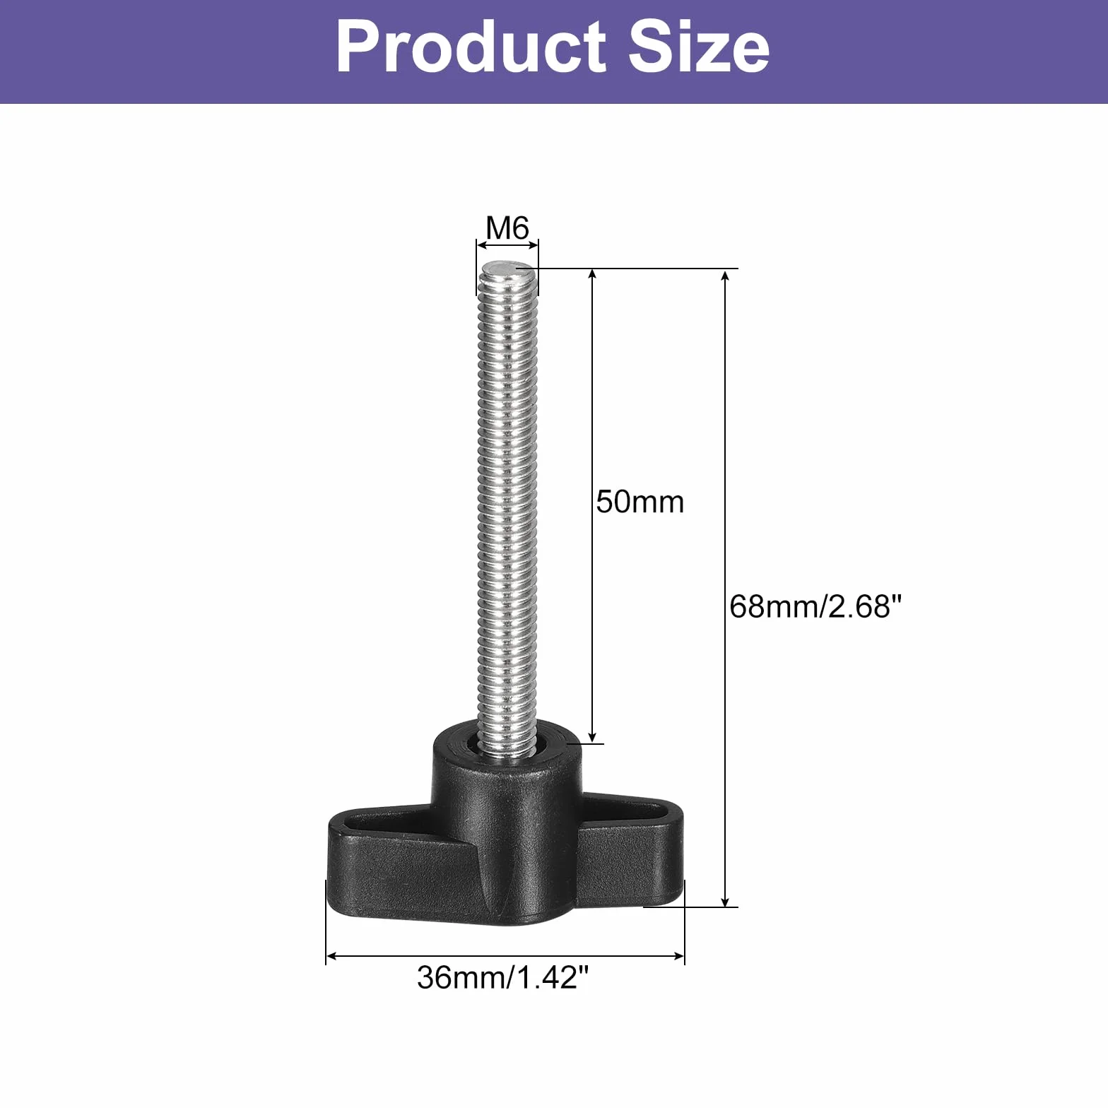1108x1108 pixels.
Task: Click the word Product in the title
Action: pos(471,47)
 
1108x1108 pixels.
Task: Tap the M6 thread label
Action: pos(507,228)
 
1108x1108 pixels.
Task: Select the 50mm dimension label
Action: pos(640,502)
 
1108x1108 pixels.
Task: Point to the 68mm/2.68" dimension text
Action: pos(816,606)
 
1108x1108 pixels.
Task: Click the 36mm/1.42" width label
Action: pos(502,978)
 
